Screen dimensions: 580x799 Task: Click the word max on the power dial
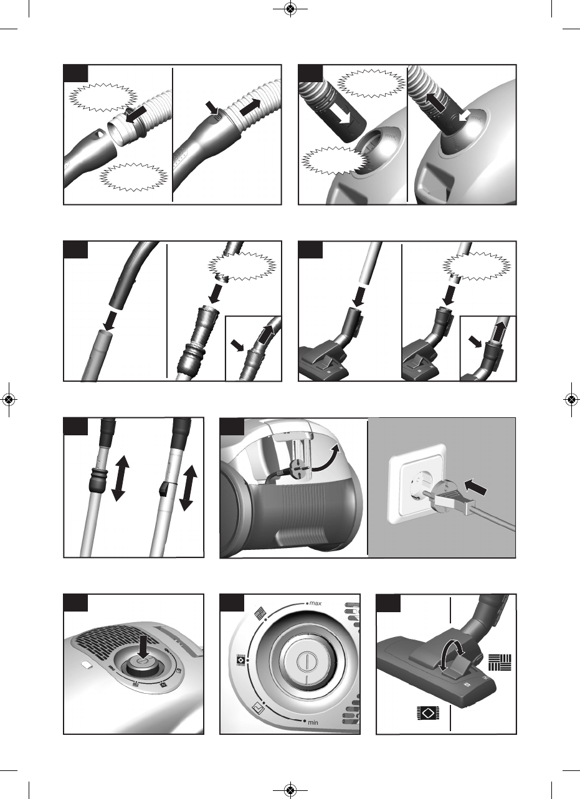pyautogui.click(x=315, y=603)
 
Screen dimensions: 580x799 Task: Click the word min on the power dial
pyautogui.click(x=313, y=722)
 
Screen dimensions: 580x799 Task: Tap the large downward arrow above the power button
pyautogui.click(x=143, y=645)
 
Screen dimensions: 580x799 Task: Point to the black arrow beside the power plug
pyautogui.click(x=475, y=487)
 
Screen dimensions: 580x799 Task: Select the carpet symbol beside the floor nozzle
pyautogui.click(x=428, y=713)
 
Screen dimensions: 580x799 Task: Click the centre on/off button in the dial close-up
pyautogui.click(x=307, y=663)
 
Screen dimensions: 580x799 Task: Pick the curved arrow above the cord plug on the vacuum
pyautogui.click(x=326, y=459)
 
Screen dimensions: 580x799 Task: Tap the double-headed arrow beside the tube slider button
pyautogui.click(x=188, y=488)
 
